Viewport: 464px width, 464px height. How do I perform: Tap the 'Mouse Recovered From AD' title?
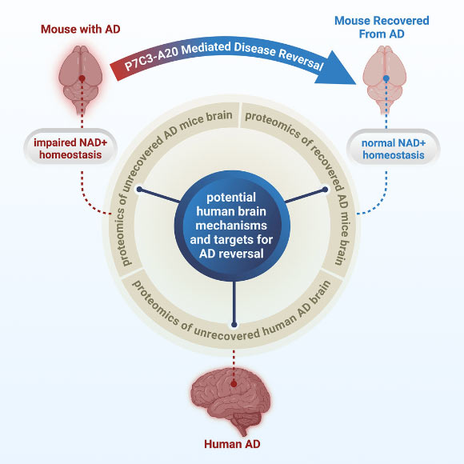click(x=382, y=27)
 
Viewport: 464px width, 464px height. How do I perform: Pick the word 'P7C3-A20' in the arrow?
click(x=153, y=68)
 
